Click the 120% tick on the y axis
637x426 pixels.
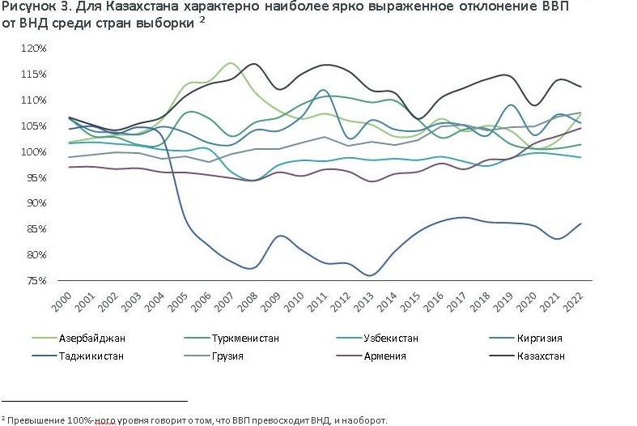35,49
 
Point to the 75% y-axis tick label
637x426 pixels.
37,280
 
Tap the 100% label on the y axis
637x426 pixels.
35,151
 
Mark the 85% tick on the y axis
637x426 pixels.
37,229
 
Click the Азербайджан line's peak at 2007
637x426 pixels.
231,62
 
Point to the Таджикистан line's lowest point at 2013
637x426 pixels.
370,275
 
